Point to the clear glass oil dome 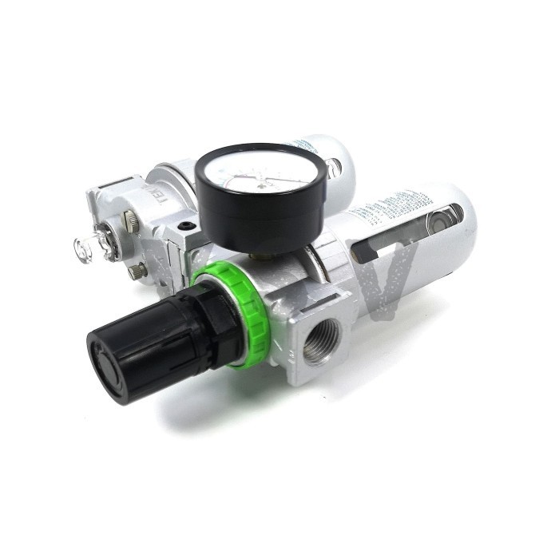[x=87, y=250]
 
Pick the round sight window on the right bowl [x=444, y=218]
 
